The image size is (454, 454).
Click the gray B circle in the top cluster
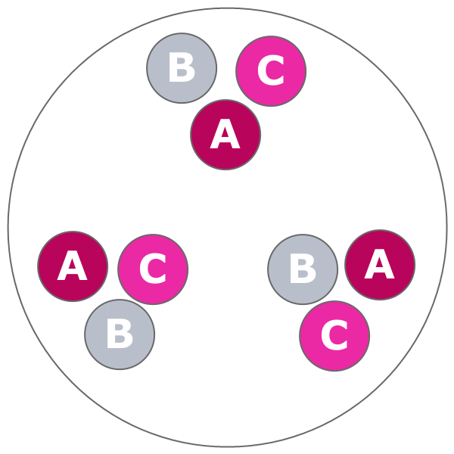pos(182,68)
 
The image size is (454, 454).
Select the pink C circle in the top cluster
pos(271,71)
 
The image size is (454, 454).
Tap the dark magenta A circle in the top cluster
pos(225,135)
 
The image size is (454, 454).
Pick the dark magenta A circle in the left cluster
pos(73,266)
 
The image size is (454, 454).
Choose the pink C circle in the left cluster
pos(153,269)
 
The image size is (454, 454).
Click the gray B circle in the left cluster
pos(120,334)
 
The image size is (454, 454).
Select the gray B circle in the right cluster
pos(303,269)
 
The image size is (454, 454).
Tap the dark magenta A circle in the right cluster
pos(380,265)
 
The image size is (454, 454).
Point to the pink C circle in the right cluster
pos(334,336)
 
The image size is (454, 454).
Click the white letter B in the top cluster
pos(182,68)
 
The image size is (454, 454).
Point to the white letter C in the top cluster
pos(270,72)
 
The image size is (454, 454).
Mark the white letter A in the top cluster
pos(225,136)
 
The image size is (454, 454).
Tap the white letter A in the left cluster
pos(72,268)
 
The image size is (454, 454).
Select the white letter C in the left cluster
pos(152,270)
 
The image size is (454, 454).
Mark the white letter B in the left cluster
pos(120,334)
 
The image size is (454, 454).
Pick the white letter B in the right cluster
pos(303,269)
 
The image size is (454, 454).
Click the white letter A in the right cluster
pos(379,266)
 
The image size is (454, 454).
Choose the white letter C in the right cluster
pos(334,337)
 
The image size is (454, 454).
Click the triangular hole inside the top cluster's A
pos(225,134)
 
